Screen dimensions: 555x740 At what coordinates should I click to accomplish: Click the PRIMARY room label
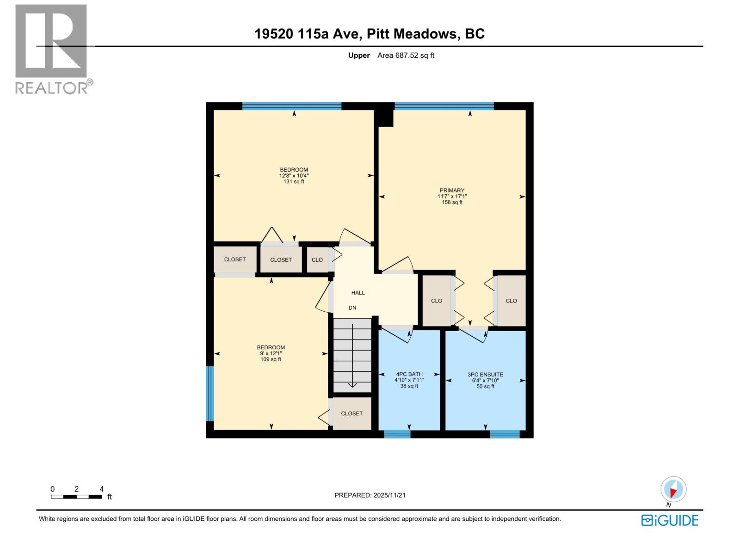point(452,190)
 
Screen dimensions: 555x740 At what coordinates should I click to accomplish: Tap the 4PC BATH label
point(409,374)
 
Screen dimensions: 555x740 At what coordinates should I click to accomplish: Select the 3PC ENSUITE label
point(485,375)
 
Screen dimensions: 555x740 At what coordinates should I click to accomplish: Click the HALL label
point(358,293)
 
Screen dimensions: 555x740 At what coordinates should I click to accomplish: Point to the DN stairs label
point(352,308)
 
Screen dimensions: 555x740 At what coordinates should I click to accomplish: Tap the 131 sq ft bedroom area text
point(294,182)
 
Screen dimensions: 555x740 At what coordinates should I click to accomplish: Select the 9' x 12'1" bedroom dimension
point(271,353)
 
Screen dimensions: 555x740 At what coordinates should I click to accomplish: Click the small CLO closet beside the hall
point(317,260)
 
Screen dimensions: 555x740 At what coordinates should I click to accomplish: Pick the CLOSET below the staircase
point(352,413)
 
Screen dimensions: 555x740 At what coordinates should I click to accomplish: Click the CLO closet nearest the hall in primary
point(437,301)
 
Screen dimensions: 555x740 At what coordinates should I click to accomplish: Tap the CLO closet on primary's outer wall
point(511,301)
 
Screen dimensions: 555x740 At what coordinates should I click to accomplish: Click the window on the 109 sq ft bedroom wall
point(210,394)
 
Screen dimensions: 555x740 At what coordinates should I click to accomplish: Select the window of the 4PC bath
point(397,434)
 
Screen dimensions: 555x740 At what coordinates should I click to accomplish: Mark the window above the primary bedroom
point(444,106)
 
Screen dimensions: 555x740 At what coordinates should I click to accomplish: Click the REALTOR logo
point(51,49)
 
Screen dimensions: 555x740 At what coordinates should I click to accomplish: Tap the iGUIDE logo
point(670,520)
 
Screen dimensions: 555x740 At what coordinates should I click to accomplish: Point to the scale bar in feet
point(76,497)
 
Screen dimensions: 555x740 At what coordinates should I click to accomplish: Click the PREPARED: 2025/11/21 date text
point(370,495)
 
